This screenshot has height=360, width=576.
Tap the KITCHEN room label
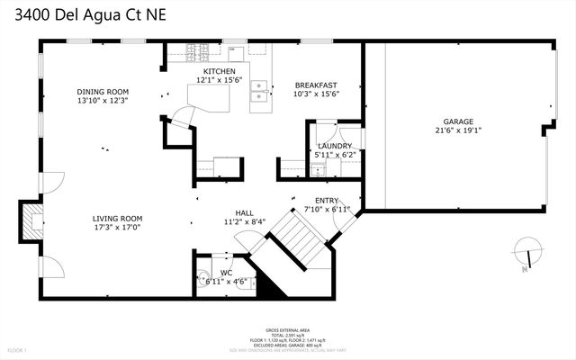(219, 71)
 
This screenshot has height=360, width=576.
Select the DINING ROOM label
(103, 91)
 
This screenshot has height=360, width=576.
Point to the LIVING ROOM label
(118, 218)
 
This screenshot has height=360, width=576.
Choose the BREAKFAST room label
(316, 85)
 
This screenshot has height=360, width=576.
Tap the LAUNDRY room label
(334, 146)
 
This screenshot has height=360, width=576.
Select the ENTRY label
(326, 200)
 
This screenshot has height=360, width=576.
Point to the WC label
(226, 272)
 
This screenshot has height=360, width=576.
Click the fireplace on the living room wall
(31, 220)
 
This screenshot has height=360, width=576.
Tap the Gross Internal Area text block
(288, 337)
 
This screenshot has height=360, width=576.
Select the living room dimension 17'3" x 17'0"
(118, 227)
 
